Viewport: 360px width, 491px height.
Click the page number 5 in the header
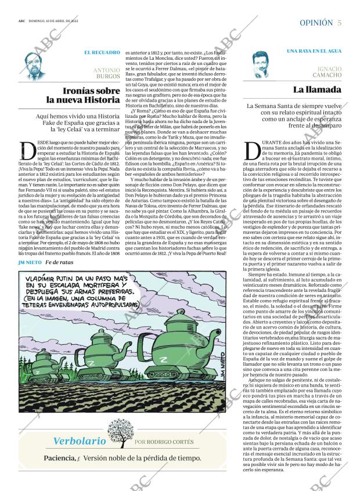(x=339, y=23)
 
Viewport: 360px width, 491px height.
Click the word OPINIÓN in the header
(x=316, y=23)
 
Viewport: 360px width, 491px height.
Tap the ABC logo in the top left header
(x=21, y=21)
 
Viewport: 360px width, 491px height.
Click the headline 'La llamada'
(x=316, y=90)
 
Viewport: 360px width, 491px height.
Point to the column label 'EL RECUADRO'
(x=102, y=53)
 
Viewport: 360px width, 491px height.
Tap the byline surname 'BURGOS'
(x=107, y=76)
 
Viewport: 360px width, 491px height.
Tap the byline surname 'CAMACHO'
(x=326, y=75)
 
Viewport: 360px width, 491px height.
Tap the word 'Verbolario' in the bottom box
(x=80, y=441)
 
